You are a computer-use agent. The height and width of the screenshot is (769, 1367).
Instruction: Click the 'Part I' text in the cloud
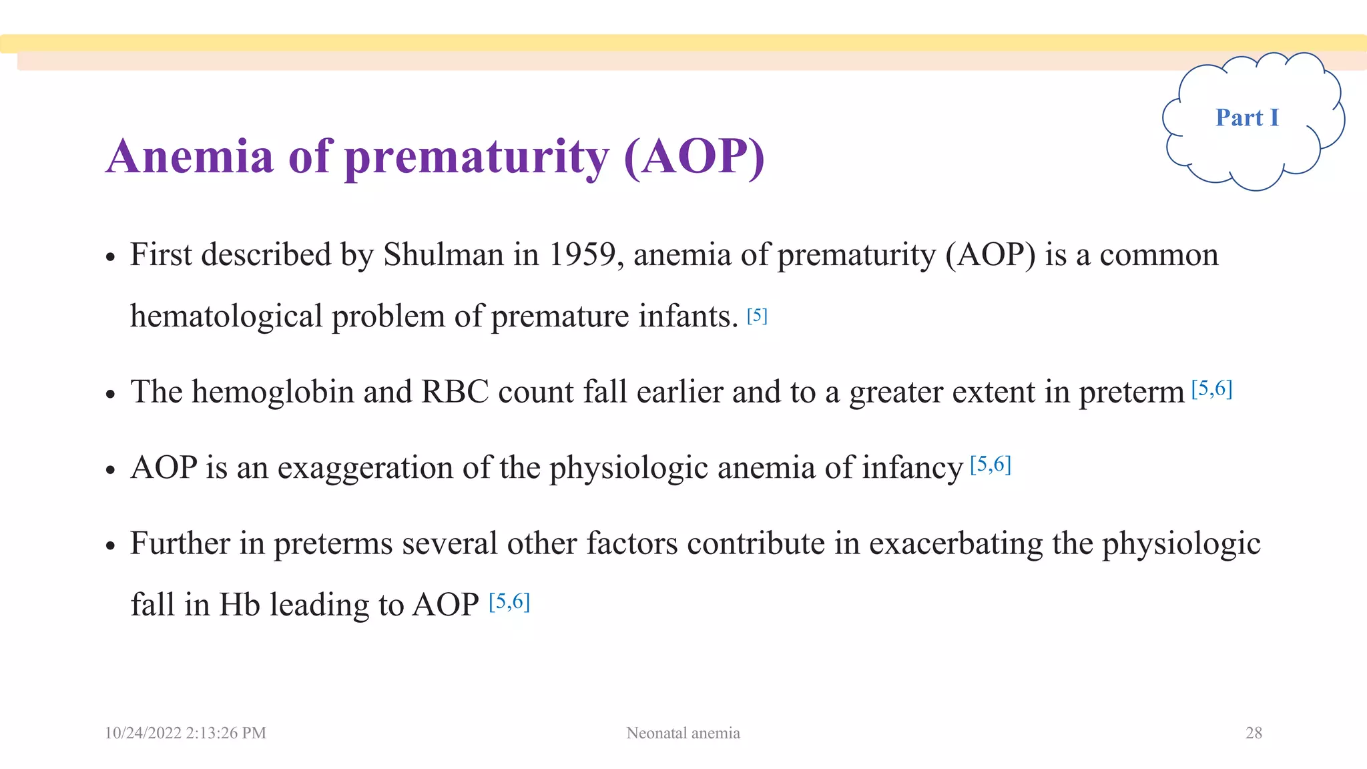pyautogui.click(x=1247, y=117)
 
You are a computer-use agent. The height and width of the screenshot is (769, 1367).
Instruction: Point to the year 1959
pyautogui.click(x=581, y=254)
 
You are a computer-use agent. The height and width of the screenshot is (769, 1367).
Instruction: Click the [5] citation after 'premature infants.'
pyautogui.click(x=757, y=315)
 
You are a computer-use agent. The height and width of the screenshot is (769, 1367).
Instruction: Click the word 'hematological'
pyautogui.click(x=226, y=316)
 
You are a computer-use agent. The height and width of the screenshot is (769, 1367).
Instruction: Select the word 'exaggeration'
pyautogui.click(x=365, y=467)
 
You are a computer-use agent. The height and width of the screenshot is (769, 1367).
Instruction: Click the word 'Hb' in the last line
pyautogui.click(x=239, y=604)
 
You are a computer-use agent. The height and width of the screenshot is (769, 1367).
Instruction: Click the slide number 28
pyautogui.click(x=1254, y=733)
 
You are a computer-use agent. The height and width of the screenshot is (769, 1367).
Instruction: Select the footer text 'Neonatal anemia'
pyautogui.click(x=683, y=733)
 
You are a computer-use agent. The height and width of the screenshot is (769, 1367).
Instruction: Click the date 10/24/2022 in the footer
pyautogui.click(x=143, y=733)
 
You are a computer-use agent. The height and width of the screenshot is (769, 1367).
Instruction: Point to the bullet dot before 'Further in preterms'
pyautogui.click(x=111, y=546)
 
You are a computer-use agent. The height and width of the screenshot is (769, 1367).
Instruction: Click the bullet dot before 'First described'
pyautogui.click(x=111, y=258)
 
